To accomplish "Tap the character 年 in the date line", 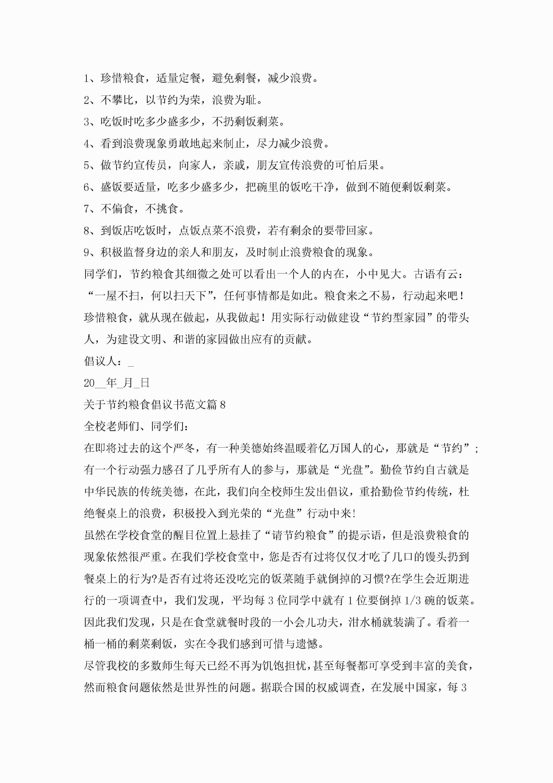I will (111, 383).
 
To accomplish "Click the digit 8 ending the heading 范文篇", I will (223, 405).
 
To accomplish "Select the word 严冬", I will (184, 448).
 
